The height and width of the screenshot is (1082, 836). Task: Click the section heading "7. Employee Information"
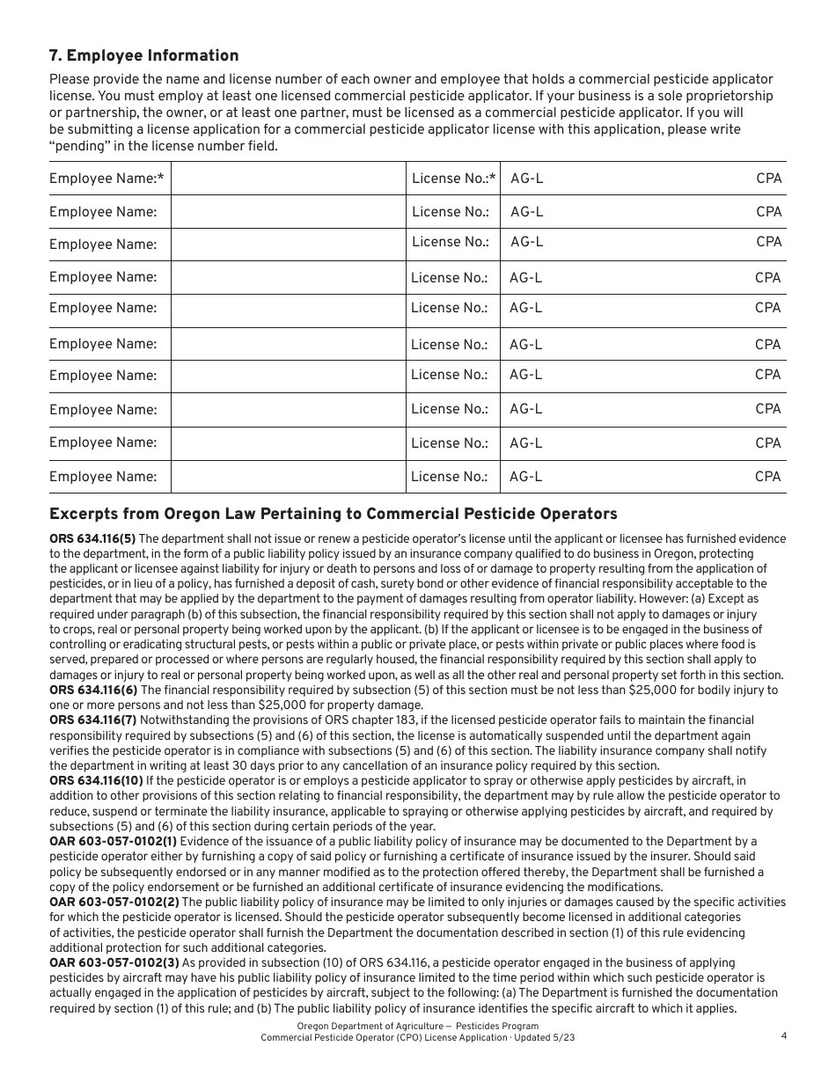click(143, 56)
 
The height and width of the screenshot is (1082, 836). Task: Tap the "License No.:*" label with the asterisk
click(453, 179)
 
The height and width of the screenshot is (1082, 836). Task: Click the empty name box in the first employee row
click(287, 179)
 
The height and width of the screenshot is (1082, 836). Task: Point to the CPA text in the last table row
click(767, 477)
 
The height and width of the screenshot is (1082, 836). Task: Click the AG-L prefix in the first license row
click(527, 179)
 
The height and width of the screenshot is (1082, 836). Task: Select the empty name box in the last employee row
click(287, 477)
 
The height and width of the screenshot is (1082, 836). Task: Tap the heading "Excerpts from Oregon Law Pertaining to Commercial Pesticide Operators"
click(333, 514)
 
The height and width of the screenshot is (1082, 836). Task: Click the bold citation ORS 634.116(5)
click(92, 539)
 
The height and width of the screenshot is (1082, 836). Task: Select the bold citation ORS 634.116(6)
click(93, 691)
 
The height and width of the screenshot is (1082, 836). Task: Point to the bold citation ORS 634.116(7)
click(93, 720)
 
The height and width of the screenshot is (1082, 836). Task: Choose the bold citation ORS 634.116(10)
click(96, 781)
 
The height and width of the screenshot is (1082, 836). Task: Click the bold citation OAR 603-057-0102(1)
click(114, 842)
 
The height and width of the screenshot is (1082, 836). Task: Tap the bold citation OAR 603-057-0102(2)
click(114, 903)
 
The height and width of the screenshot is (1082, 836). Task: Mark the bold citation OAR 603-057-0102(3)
click(114, 963)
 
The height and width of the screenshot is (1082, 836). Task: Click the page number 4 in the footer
click(783, 1035)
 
